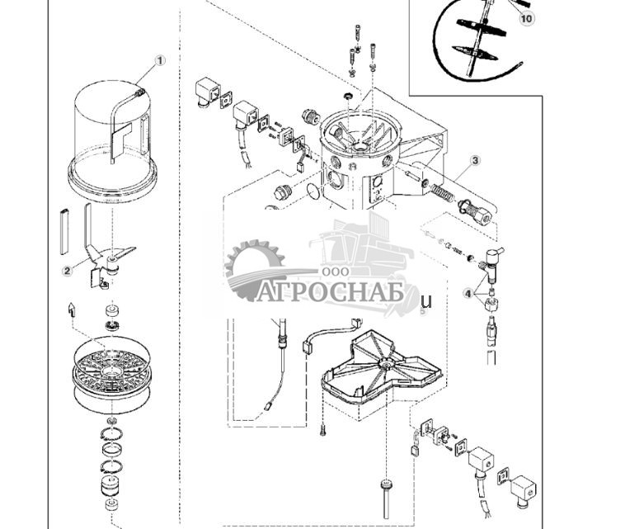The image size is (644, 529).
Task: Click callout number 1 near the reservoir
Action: (x=160, y=60)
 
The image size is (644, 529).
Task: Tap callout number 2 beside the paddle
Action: (x=67, y=270)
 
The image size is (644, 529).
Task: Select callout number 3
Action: (x=476, y=161)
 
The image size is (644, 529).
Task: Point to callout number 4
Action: (x=468, y=293)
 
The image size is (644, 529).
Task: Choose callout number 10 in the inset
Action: (x=527, y=17)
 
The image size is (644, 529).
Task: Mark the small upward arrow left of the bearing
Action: (x=72, y=309)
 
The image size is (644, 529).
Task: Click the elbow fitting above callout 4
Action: (x=494, y=257)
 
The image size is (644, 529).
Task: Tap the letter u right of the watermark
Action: (x=426, y=301)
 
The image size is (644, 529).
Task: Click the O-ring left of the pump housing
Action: (x=313, y=191)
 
